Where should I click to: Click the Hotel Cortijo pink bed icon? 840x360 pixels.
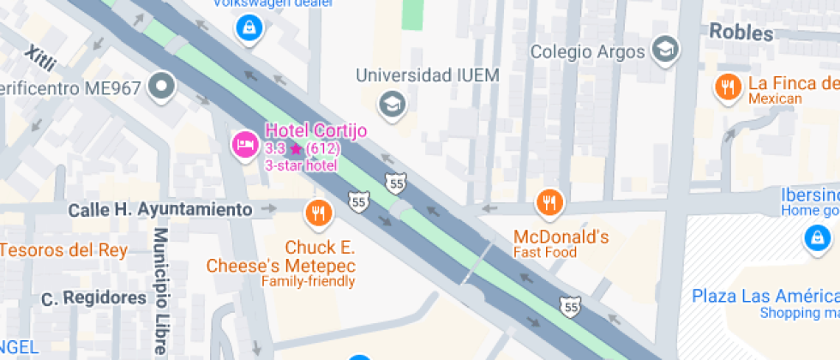coord(245,144)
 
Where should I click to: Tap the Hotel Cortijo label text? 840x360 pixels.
coord(315,130)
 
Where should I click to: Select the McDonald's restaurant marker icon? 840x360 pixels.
coord(549,203)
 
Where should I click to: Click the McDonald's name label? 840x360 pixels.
coord(561,236)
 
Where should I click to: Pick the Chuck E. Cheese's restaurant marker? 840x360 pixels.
coord(318,212)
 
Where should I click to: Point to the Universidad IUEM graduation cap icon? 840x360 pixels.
coord(393,104)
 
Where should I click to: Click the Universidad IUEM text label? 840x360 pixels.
coord(427,75)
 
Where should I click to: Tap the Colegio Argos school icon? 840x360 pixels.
coord(665,51)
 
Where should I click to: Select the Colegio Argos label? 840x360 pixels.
coord(587,51)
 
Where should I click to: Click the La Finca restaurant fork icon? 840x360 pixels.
coord(728,86)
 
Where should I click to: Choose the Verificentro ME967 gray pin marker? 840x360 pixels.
coord(161,86)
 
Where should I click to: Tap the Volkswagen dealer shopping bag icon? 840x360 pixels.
coord(249,28)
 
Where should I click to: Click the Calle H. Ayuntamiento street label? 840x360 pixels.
coord(160,209)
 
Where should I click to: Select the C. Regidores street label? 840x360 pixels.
coord(94,298)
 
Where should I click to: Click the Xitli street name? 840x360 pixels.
coord(40,57)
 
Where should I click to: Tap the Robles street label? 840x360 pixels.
coord(741,33)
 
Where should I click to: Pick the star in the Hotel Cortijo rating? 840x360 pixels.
coord(296,148)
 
